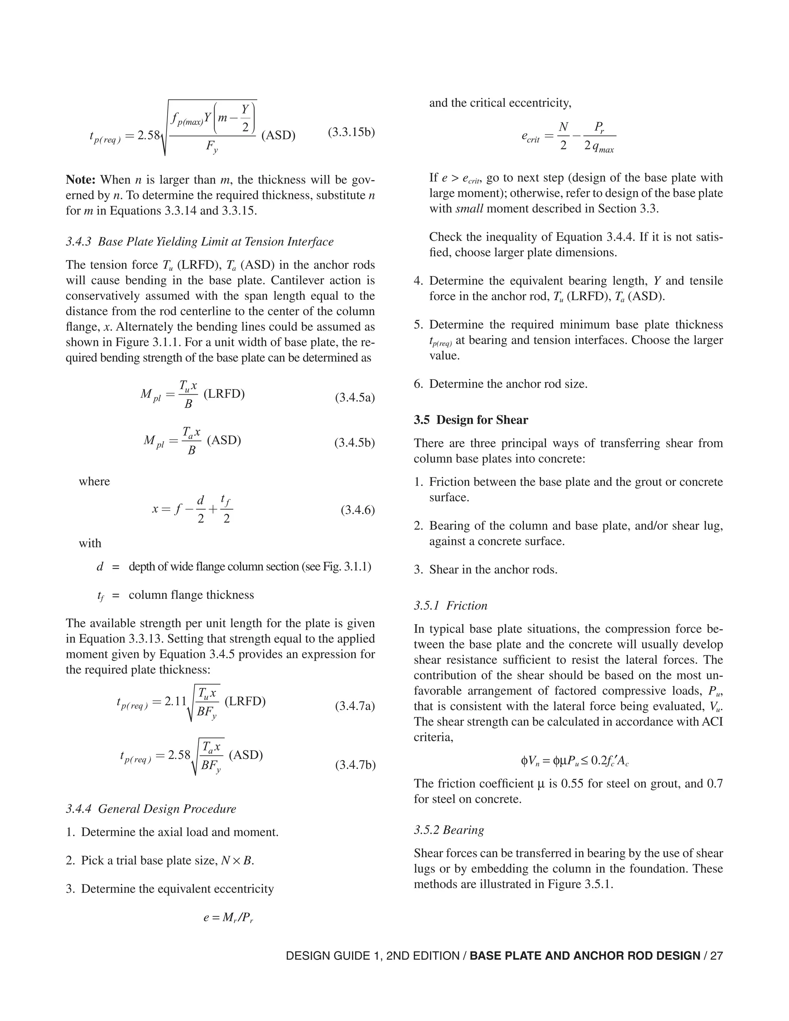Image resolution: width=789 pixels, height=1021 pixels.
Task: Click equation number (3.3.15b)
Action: point(351,132)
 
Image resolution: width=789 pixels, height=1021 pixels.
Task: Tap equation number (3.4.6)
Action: point(358,510)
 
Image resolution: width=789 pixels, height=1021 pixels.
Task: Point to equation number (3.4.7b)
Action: point(355,765)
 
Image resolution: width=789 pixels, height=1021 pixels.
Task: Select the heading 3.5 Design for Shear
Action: point(471,420)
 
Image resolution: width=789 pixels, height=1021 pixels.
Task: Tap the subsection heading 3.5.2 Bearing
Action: point(449,830)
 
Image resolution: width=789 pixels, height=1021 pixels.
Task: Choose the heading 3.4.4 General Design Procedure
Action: point(151,809)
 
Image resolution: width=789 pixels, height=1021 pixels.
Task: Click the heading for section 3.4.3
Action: point(200,242)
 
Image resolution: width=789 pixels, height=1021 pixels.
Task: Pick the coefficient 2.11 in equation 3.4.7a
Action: point(175,702)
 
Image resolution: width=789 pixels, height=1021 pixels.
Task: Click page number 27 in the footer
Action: point(716,956)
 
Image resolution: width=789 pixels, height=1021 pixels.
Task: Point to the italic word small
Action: point(469,208)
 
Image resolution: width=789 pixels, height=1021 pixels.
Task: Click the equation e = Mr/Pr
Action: point(228,918)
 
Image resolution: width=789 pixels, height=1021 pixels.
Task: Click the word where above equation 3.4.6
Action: point(94,482)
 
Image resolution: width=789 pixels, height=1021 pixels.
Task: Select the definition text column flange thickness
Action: point(191,595)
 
